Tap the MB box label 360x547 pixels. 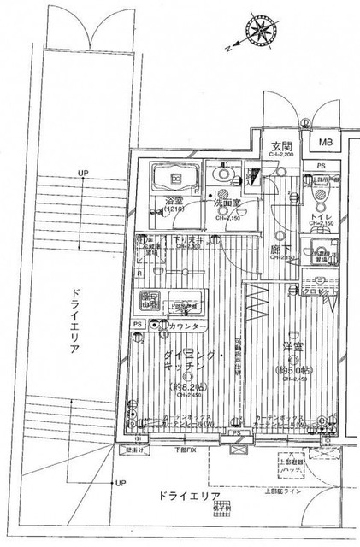pyautogui.click(x=328, y=143)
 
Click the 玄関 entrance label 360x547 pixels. pyautogui.click(x=282, y=145)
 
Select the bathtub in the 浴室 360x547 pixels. pyautogui.click(x=174, y=179)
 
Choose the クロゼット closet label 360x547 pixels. pyautogui.click(x=320, y=291)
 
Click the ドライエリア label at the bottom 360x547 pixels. pyautogui.click(x=190, y=496)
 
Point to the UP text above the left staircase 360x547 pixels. pyautogui.click(x=83, y=173)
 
